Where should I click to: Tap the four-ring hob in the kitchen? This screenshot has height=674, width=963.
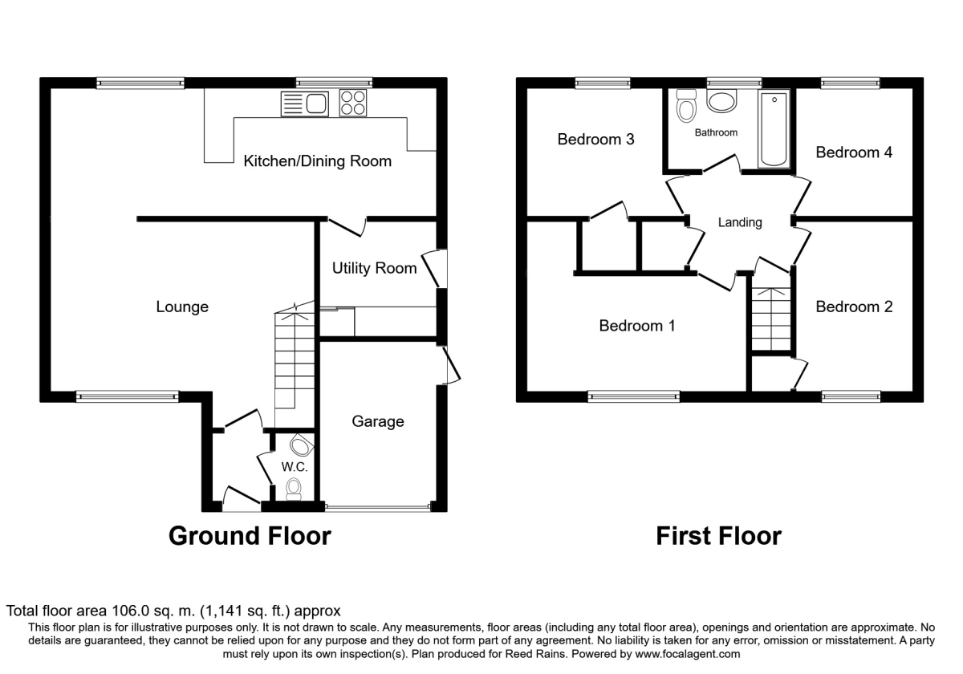tap(351, 104)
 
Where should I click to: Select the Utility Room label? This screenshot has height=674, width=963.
tap(375, 268)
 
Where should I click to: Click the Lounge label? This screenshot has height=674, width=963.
tap(182, 307)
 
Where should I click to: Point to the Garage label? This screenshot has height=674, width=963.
tap(377, 421)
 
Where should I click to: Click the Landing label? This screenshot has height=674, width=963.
tap(740, 222)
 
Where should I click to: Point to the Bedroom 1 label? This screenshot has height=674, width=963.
tap(637, 326)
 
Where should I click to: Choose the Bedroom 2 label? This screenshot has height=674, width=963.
tap(854, 307)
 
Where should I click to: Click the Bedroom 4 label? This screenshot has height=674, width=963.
tap(854, 152)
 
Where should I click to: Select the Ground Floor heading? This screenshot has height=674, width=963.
tap(250, 535)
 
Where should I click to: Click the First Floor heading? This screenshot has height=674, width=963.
tap(718, 535)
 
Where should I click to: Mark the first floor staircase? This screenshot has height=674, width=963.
tap(772, 319)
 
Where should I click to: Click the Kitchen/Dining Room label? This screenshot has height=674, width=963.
tap(318, 161)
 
